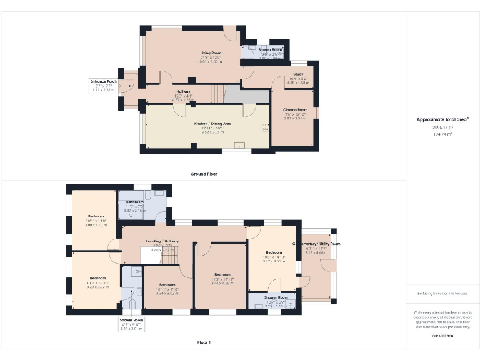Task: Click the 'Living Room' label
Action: (211, 52)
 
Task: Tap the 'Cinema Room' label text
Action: (294, 109)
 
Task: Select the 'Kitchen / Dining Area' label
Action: (212, 124)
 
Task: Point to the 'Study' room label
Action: (298, 74)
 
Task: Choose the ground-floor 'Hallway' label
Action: (183, 91)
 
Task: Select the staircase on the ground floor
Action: (216, 94)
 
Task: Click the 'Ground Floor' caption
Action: (204, 174)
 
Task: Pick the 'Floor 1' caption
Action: (203, 342)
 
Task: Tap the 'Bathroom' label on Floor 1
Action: (136, 202)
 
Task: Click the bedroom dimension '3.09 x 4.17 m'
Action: (96, 224)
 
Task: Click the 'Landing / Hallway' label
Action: (162, 241)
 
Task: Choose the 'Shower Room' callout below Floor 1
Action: (132, 323)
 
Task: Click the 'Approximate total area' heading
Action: (442, 119)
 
